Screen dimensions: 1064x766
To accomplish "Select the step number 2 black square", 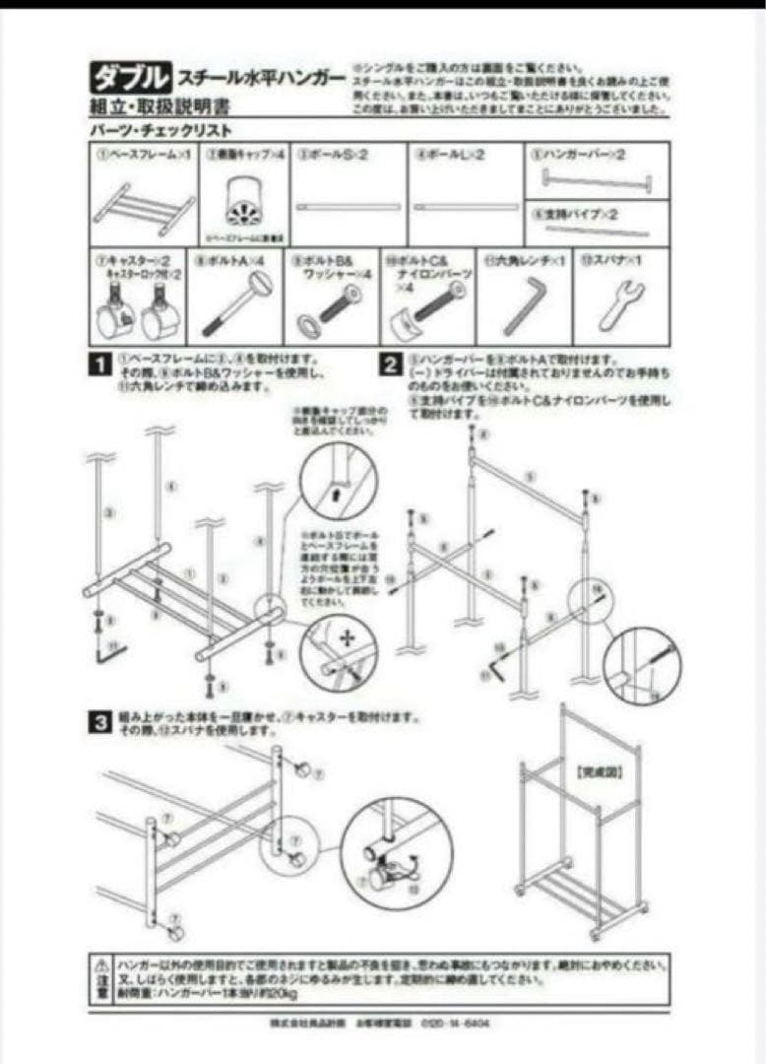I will pos(390,366).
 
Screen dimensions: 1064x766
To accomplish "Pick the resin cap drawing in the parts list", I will pos(244,202).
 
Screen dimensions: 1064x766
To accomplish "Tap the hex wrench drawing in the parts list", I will pos(519,306).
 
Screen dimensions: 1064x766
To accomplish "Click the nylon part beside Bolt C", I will pos(404,321).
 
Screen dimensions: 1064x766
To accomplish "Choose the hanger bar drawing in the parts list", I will pos(585,179).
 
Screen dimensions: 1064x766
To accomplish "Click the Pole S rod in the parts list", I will pos(349,207).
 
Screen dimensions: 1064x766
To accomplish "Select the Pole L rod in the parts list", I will pos(465,207).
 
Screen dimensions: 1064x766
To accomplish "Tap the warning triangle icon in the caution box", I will pos(101,961).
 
